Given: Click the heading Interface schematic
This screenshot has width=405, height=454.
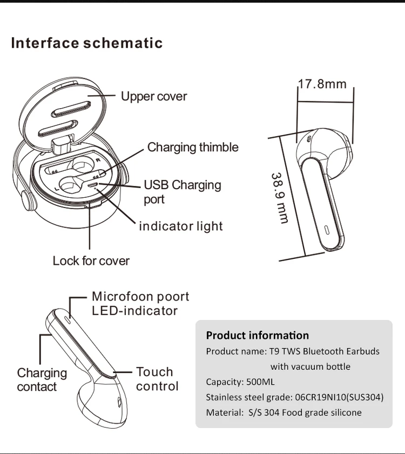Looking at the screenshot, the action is [x=87, y=43].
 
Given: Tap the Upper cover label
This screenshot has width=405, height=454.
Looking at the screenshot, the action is [x=154, y=96].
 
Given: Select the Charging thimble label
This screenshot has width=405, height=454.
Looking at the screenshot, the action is [x=193, y=147].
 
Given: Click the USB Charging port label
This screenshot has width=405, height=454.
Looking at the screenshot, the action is [x=183, y=192].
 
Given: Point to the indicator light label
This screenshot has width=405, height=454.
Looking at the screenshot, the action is [x=181, y=226].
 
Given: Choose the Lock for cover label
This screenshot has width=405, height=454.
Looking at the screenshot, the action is [x=91, y=261].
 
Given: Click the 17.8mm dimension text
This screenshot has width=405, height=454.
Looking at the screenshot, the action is [x=322, y=84].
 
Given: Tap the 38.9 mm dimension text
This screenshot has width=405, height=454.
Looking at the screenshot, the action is [x=280, y=199].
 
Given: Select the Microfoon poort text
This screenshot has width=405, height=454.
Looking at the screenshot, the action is [x=140, y=297].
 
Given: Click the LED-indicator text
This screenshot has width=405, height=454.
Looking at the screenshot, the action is [x=135, y=311].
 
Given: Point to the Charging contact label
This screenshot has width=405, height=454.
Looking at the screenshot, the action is [x=42, y=380].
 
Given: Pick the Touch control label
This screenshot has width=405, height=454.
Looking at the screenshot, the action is [x=157, y=379].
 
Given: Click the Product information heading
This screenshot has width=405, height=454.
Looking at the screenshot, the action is [x=258, y=335].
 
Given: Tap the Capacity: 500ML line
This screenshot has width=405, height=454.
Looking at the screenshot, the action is [x=240, y=382].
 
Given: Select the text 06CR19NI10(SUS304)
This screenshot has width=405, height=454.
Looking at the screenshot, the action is [x=339, y=397].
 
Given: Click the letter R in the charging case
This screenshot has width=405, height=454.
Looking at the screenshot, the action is [x=98, y=160].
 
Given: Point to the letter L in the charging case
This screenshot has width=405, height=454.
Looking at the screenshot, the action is [x=57, y=189].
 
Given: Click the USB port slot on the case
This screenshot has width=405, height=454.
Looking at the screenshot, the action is [x=93, y=185].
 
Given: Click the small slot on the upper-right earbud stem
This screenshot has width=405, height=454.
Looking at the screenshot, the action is [x=327, y=230].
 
